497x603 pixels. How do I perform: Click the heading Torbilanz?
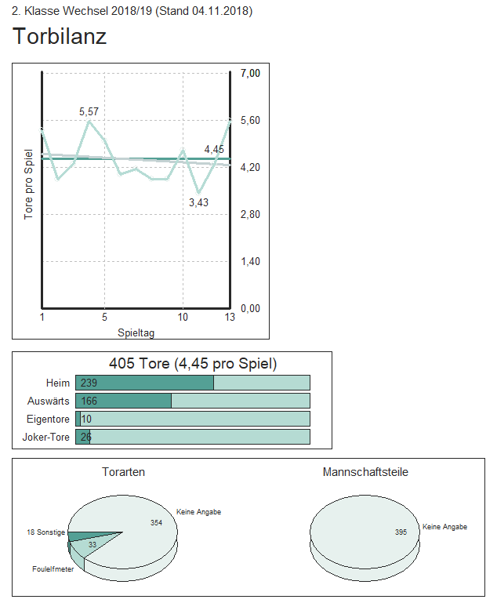point(60,37)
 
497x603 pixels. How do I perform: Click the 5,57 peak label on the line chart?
point(89,112)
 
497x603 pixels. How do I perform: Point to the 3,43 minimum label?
point(199,202)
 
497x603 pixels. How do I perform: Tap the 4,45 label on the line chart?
point(214,149)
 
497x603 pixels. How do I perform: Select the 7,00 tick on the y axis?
point(250,73)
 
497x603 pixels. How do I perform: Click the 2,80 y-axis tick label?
point(250,214)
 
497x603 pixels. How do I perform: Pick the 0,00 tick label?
point(250,308)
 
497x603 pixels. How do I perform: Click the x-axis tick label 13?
point(229,318)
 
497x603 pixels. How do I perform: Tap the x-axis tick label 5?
point(104,318)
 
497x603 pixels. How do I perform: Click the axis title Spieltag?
point(136,332)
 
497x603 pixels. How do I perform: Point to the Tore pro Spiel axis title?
point(29,184)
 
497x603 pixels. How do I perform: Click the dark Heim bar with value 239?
point(144,383)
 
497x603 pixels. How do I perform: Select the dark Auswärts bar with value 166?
point(123,401)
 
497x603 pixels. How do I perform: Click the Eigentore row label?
point(49,419)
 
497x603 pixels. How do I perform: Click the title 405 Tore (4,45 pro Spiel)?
point(192,364)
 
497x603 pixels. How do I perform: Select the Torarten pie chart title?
point(123,472)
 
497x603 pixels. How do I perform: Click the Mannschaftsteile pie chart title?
point(365,472)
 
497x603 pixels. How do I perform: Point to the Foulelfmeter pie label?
point(53,569)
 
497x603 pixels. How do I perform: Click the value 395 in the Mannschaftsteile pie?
point(401,532)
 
